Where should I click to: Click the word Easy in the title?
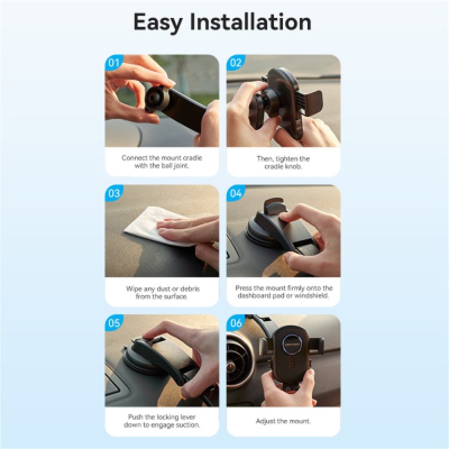[158, 22]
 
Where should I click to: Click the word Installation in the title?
[250, 22]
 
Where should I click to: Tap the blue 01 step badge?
[114, 63]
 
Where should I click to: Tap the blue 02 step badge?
[235, 63]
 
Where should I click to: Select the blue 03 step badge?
[114, 193]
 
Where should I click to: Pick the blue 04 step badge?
[235, 193]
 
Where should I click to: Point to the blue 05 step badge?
[114, 323]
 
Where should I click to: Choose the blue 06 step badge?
[235, 323]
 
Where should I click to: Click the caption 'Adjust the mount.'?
[283, 421]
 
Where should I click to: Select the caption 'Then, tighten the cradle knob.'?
[283, 162]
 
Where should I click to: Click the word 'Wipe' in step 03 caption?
[134, 288]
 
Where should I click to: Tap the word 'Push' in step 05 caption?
[135, 417]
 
